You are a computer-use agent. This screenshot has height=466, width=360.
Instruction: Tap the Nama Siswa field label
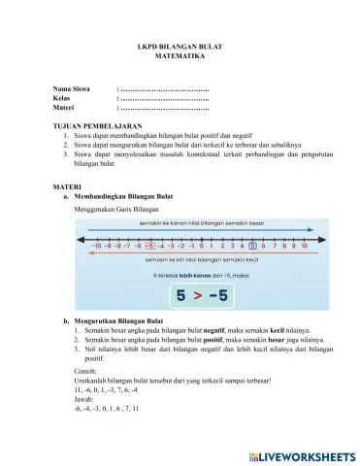click(73, 89)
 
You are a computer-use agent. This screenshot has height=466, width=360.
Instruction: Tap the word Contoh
click(86, 370)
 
